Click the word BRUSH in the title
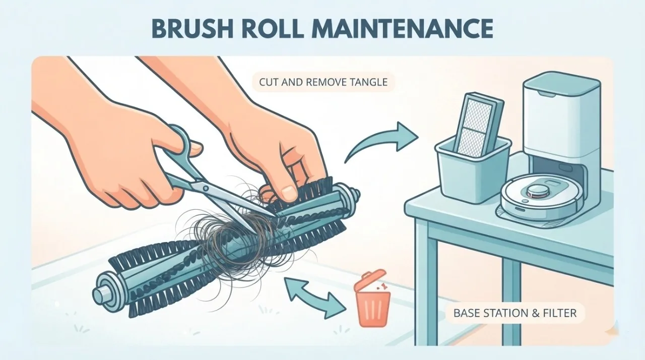192,29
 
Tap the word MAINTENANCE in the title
401,29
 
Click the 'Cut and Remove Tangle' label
323,82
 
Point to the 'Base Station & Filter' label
515,313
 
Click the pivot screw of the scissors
205,189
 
